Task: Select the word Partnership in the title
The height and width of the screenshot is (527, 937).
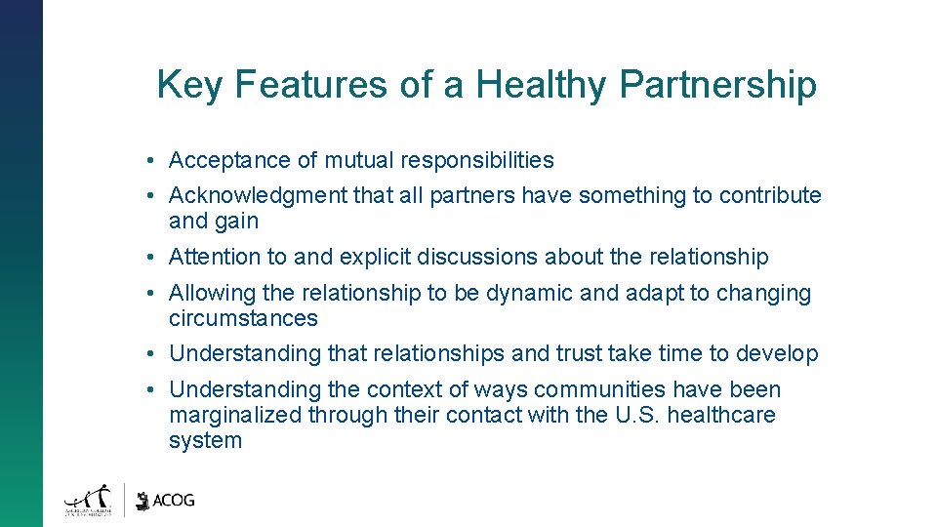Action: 717,85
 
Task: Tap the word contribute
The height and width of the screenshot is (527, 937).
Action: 770,195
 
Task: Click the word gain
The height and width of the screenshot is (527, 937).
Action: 238,222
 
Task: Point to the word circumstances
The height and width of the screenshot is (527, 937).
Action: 243,318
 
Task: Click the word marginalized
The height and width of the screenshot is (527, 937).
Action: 235,415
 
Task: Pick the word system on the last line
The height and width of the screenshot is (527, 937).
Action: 205,441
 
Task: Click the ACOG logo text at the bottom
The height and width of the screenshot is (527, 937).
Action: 174,500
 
